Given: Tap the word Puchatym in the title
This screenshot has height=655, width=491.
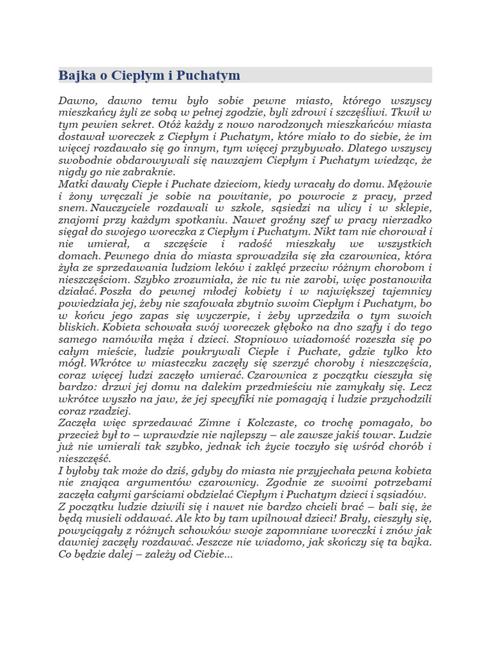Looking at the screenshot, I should (214, 75).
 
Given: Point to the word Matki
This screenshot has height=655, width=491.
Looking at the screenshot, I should (74, 184).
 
